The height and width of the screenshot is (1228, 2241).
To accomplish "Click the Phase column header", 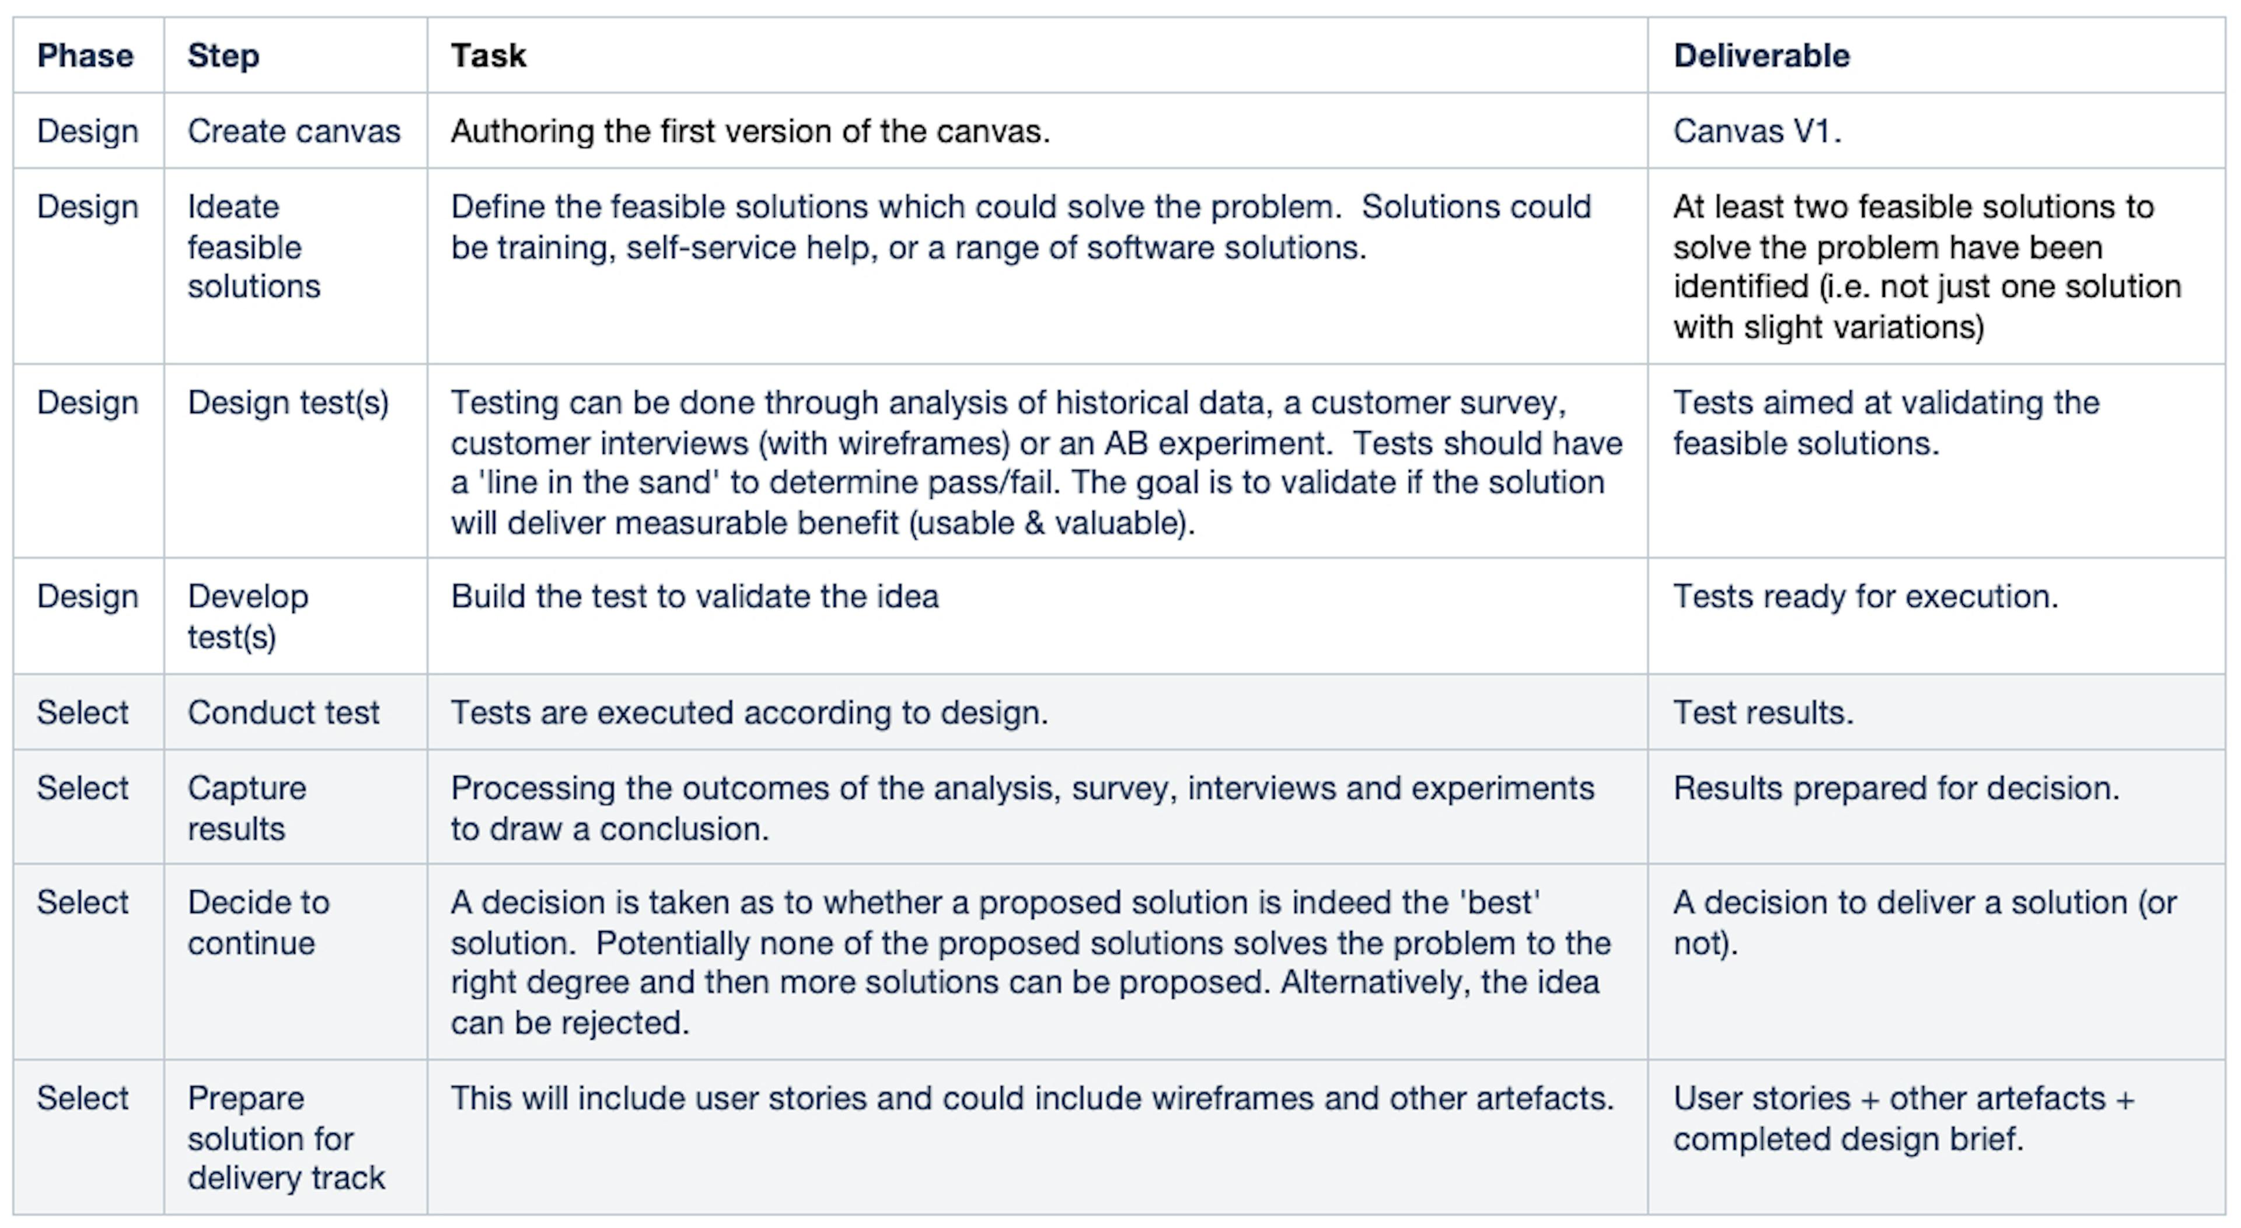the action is click(85, 55).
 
